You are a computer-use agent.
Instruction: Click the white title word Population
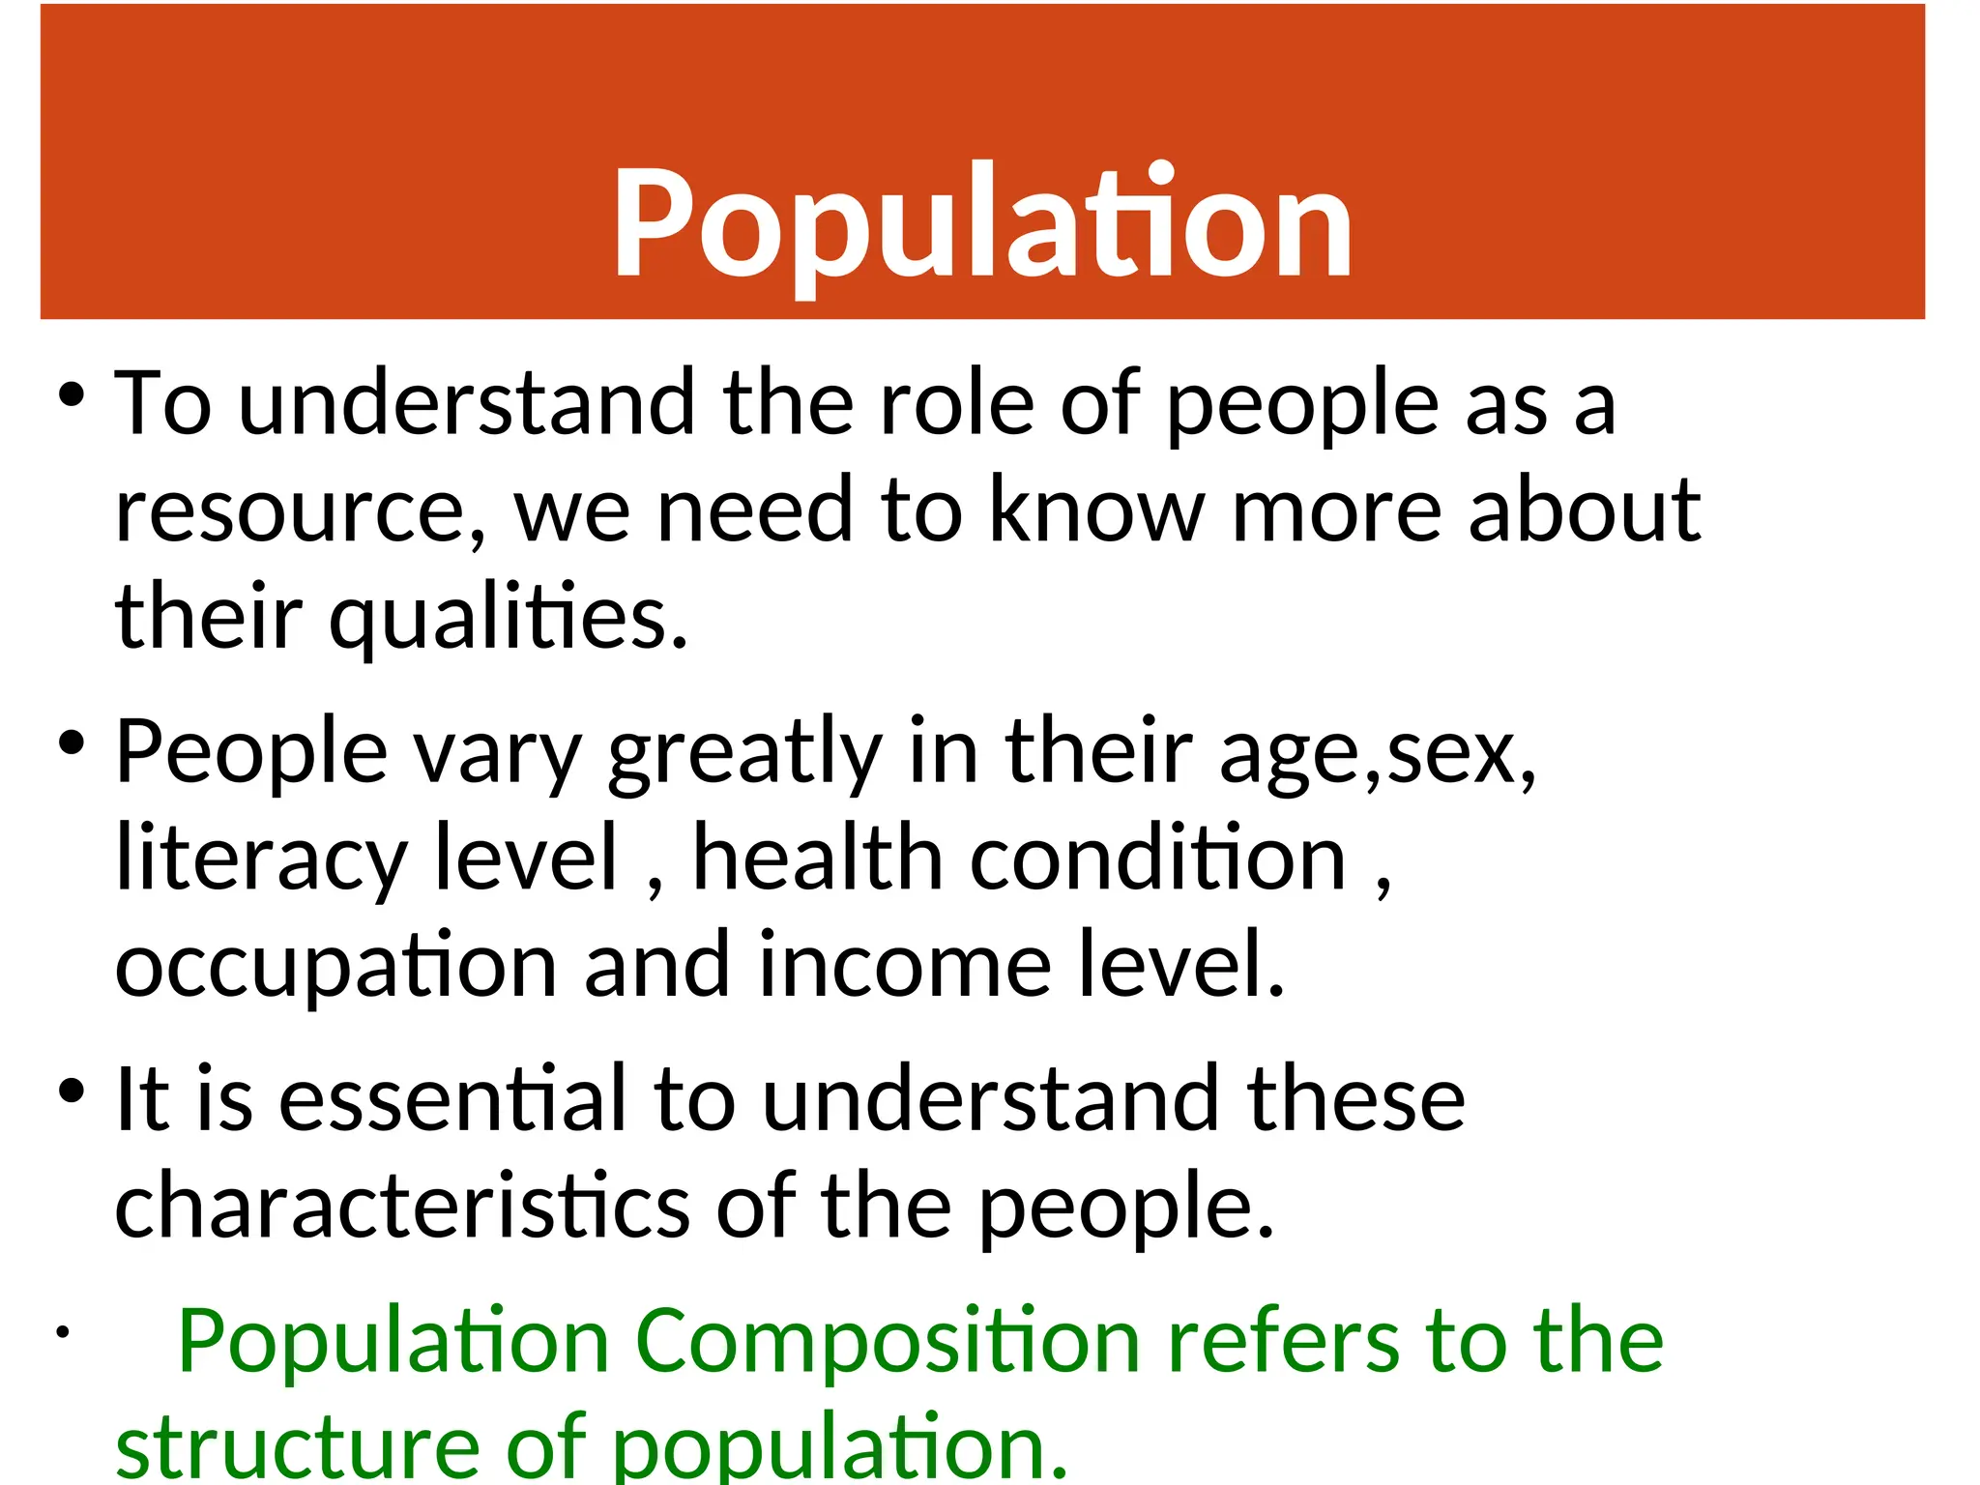tap(981, 224)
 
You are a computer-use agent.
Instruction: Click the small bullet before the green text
tap(62, 1332)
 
